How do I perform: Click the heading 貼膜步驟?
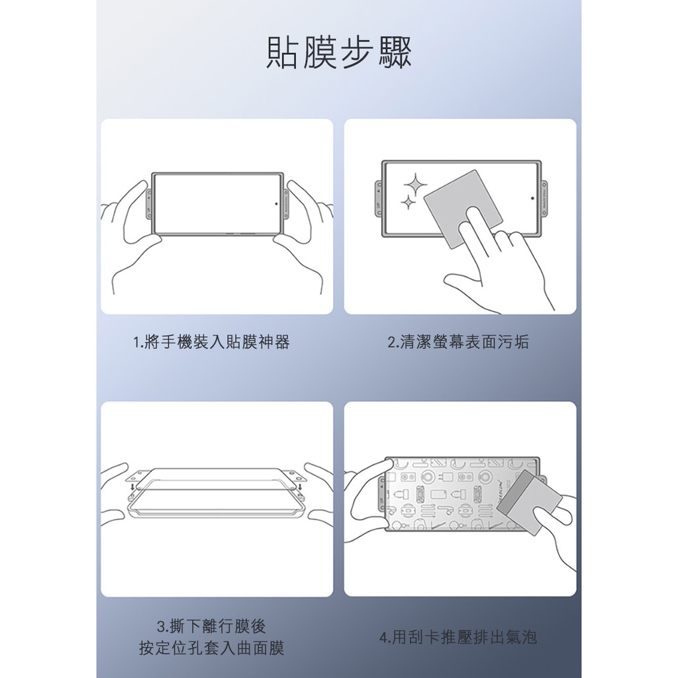(338, 52)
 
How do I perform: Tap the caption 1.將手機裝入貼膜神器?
(211, 342)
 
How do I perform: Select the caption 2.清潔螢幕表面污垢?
(458, 342)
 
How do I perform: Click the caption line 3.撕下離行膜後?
(211, 626)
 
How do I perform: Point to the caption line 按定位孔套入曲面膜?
(211, 648)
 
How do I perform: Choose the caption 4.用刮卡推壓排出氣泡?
(458, 638)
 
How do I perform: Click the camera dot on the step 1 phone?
(276, 203)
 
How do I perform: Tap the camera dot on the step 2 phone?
(532, 198)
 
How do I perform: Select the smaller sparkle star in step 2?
(407, 202)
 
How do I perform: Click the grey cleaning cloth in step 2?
(463, 209)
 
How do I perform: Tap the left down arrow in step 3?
(132, 488)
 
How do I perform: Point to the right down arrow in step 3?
(300, 488)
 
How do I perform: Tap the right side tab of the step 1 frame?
(286, 204)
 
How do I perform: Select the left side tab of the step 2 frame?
(379, 198)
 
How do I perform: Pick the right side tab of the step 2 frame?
(544, 198)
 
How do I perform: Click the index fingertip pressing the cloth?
(473, 213)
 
